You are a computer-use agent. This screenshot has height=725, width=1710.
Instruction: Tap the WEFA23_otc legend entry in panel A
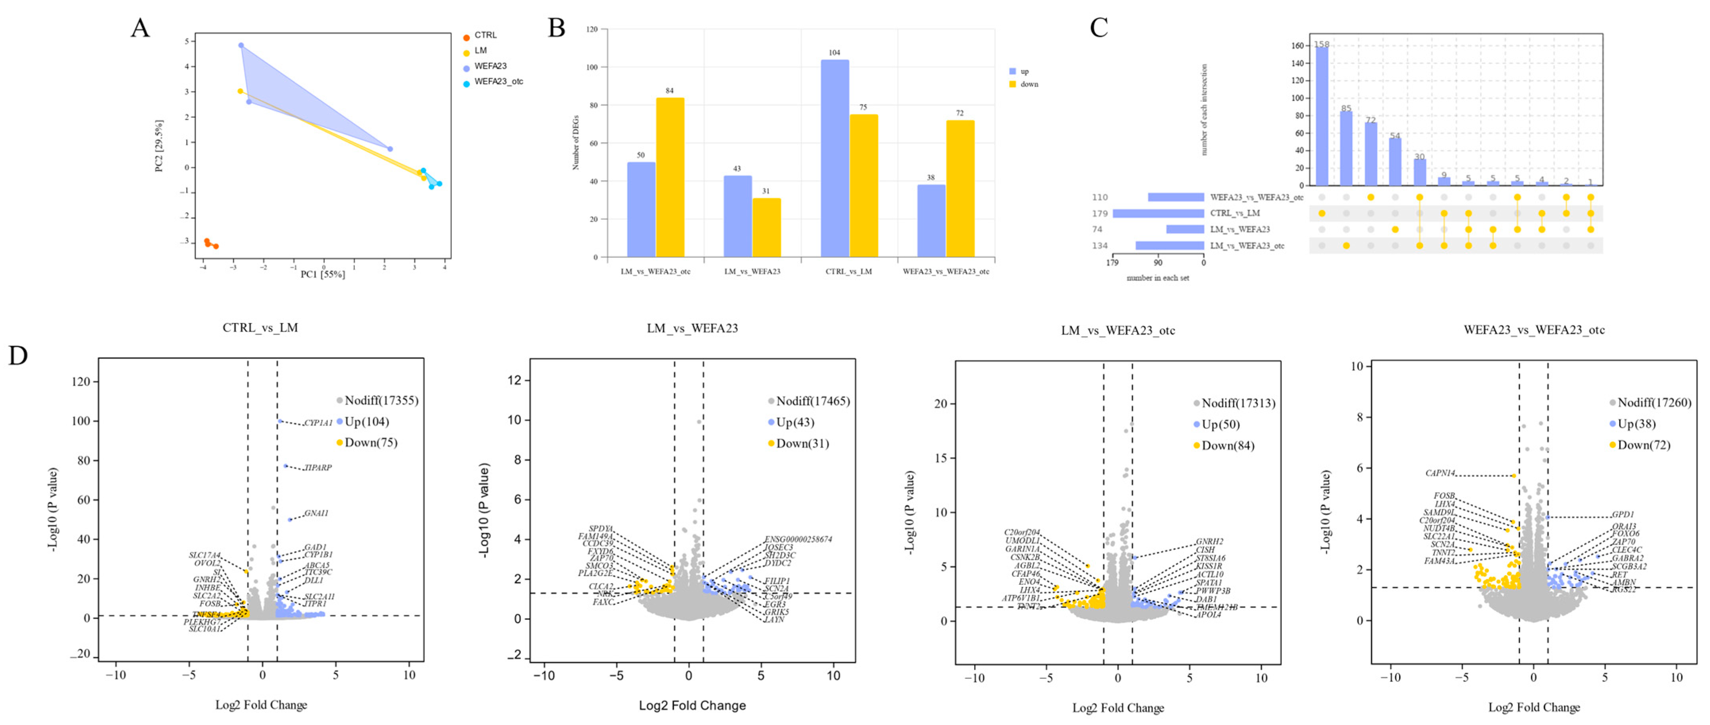498,82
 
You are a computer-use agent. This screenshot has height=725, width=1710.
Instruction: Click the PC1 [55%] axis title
323,274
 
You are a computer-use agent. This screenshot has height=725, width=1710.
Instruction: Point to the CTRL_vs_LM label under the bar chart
848,272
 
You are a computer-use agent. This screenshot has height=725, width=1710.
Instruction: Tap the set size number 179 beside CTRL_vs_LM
1100,213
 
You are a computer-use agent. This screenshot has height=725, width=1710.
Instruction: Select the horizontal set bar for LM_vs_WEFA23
1185,229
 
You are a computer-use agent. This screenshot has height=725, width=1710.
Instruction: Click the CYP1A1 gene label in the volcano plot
318,423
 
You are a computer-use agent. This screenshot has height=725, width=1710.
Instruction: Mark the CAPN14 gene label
1440,474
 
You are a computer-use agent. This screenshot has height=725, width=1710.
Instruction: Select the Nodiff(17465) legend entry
812,401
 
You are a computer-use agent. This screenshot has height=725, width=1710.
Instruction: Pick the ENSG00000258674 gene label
798,539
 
